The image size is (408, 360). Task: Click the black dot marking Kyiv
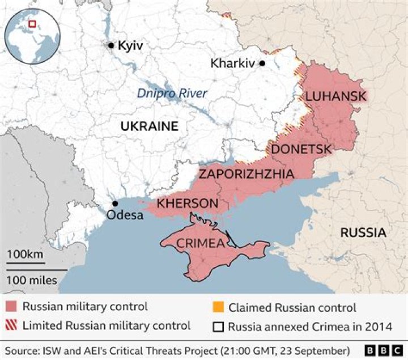[x=111, y=45]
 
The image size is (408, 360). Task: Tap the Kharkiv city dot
[x=262, y=63]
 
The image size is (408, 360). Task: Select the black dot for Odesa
[x=115, y=203]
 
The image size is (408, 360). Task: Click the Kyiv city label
[x=130, y=45]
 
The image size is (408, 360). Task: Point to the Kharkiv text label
[x=233, y=63]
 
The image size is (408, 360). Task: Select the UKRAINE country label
[x=149, y=126]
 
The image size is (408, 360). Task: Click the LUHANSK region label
[x=335, y=96]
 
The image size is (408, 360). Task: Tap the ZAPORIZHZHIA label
[x=246, y=174]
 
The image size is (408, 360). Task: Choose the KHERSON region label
[x=188, y=203]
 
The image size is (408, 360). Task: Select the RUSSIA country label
[x=363, y=232]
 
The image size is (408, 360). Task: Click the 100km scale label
[x=25, y=255]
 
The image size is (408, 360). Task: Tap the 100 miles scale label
[x=32, y=279]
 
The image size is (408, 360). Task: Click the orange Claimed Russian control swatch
[x=218, y=308]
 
